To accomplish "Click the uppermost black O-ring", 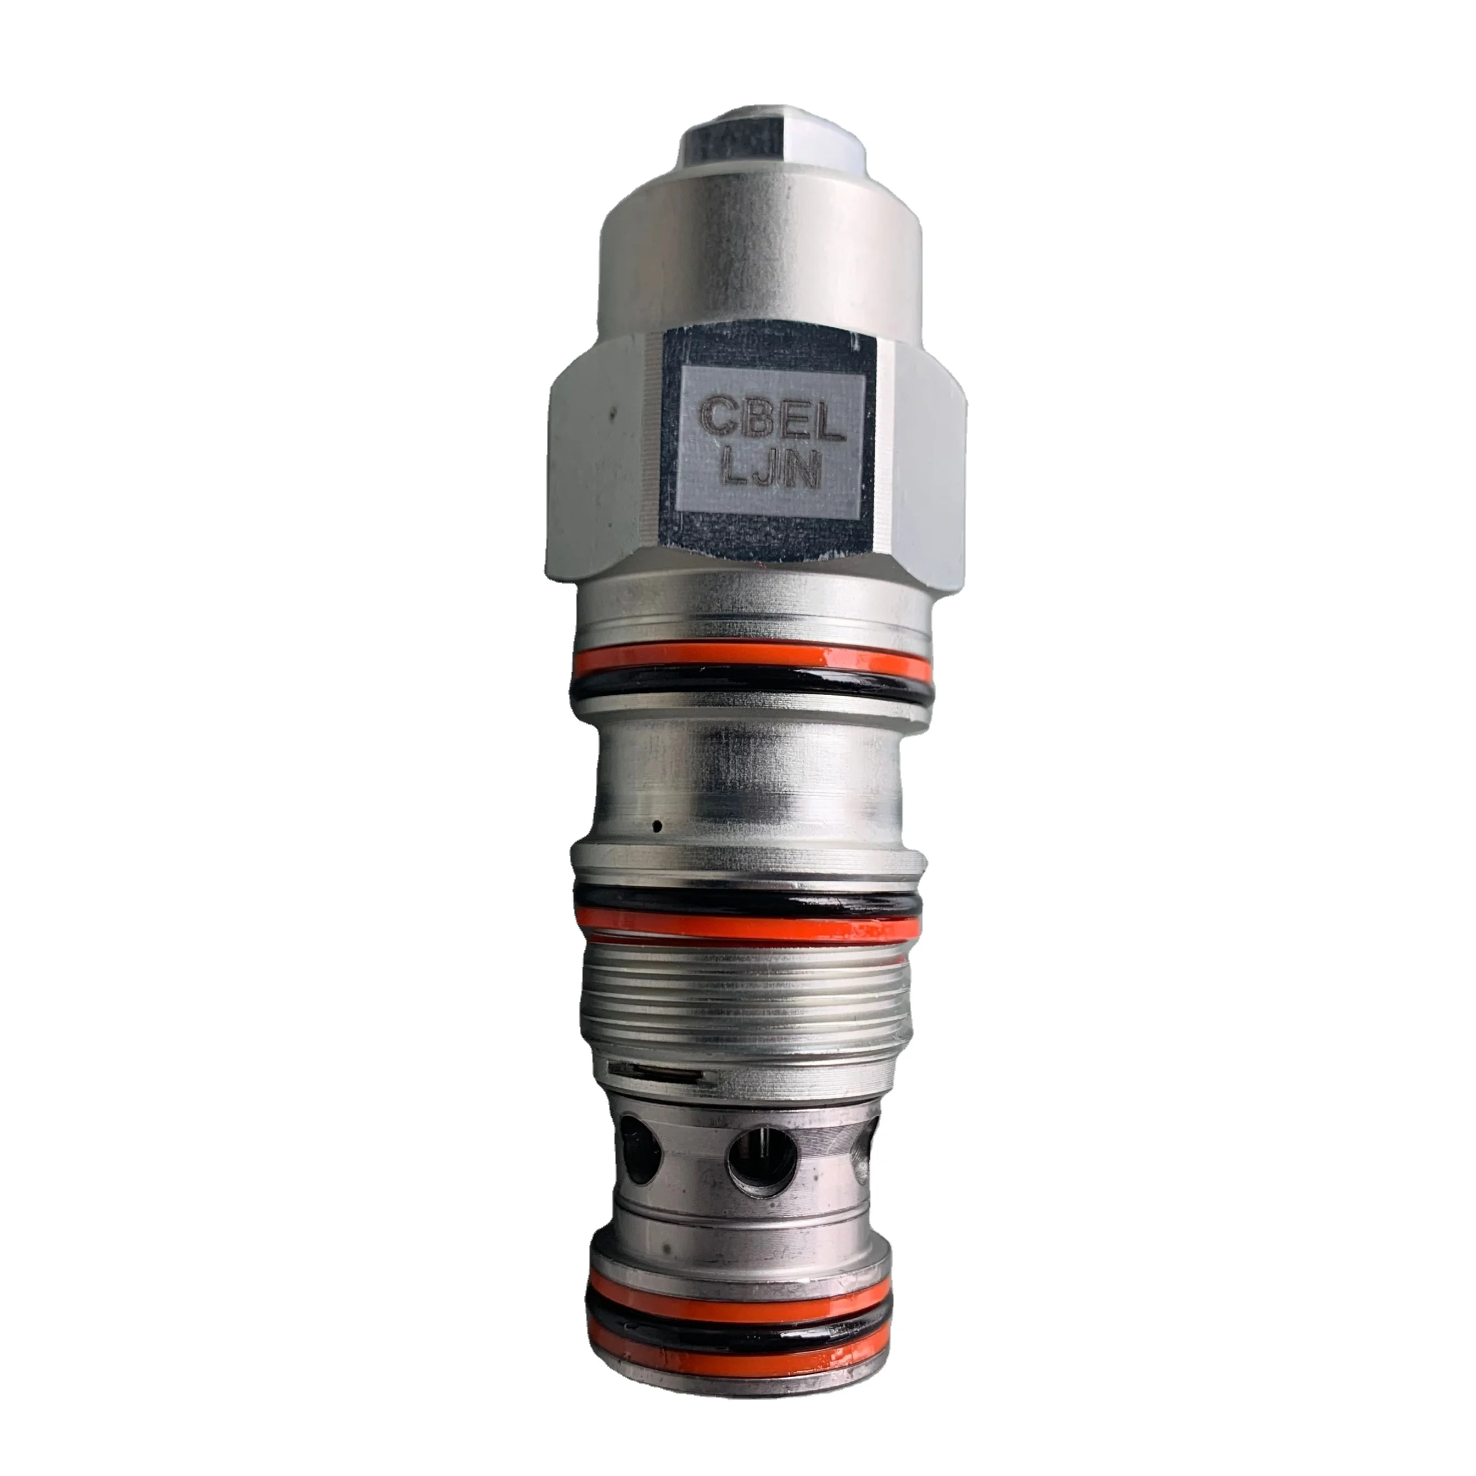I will pos(752,684).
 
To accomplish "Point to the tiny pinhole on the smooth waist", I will pos(656,824).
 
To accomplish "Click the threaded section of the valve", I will pos(745,993).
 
